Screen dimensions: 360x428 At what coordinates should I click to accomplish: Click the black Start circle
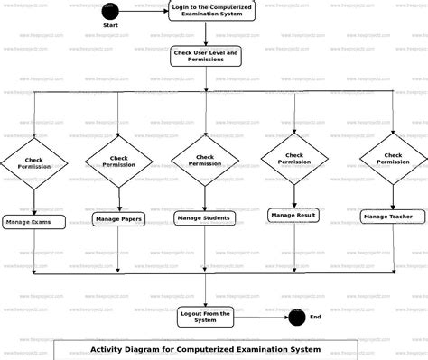(x=110, y=12)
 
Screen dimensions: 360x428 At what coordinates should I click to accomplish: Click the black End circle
(x=297, y=317)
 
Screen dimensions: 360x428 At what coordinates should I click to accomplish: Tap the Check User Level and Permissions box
(x=205, y=57)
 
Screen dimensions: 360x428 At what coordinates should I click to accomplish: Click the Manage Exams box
(x=33, y=221)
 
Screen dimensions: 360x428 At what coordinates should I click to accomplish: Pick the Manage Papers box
(x=119, y=218)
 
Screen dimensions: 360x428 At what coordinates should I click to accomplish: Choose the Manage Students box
(x=204, y=217)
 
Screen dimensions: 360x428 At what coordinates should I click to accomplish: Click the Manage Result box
(x=293, y=215)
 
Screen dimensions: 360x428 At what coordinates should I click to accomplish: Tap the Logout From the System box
(x=206, y=316)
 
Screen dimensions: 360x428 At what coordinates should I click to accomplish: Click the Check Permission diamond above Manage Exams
(x=33, y=162)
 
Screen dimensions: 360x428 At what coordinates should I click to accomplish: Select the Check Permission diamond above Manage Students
(x=205, y=160)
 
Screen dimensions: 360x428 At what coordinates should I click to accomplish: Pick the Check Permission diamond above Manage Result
(x=294, y=158)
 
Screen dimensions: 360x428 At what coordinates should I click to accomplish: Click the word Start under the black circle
(x=110, y=26)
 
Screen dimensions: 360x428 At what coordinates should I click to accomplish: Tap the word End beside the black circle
(x=315, y=317)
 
